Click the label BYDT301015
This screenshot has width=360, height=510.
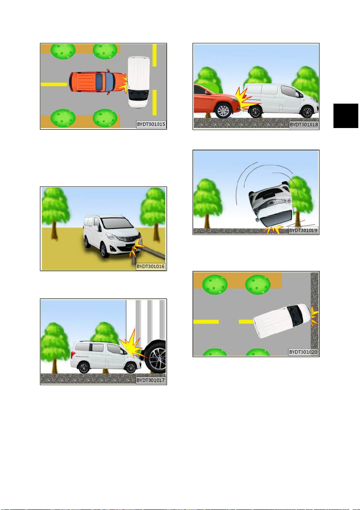pos(151,124)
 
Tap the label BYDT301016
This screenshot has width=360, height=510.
pos(151,266)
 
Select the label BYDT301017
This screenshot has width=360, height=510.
pos(151,380)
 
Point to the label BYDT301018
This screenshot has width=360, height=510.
pos(304,124)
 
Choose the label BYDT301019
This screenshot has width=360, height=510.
pos(303,230)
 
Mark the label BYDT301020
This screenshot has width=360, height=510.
pos(303,352)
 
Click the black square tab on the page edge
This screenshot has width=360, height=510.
pos(346,116)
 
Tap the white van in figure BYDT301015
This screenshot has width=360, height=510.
pos(139,82)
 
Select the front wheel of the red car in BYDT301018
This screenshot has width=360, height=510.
pos(223,110)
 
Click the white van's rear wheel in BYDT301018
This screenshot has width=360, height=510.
pos(255,112)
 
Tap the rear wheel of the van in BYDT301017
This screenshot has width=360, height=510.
pos(83,367)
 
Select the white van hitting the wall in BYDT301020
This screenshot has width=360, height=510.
pos(282,321)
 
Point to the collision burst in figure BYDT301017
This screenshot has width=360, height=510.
pos(132,347)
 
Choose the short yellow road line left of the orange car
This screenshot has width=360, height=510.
pos(54,84)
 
